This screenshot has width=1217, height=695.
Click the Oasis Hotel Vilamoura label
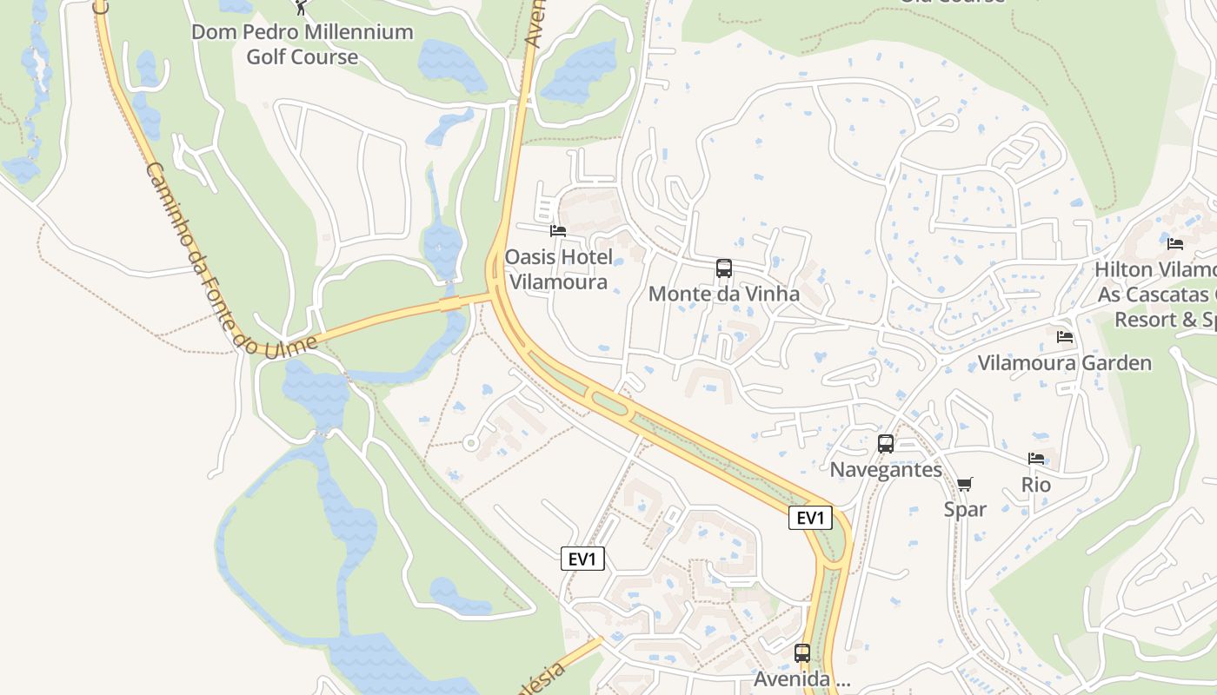pos(558,269)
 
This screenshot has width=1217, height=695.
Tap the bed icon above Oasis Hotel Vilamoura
pos(558,231)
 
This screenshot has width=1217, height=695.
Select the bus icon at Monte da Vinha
pos(724,268)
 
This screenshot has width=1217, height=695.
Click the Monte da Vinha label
pos(724,294)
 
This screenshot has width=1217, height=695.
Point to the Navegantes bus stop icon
pos(886,444)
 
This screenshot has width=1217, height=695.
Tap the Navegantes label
pos(886,470)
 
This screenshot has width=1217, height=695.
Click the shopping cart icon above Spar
pos(965,484)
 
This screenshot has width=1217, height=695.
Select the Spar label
pos(965,509)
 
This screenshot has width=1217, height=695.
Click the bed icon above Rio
pos(1036,459)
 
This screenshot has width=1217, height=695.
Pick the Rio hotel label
pos(1036,485)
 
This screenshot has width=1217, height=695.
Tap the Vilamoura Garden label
pos(1065,363)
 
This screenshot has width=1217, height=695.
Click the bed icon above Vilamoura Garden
pos(1065,337)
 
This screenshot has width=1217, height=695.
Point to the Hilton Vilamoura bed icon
pos(1175,244)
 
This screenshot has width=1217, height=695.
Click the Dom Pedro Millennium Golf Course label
pos(302,44)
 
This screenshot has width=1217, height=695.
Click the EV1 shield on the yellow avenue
pos(810,518)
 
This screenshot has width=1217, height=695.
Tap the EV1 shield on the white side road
pos(582,559)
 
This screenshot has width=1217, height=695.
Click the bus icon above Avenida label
pos(802,653)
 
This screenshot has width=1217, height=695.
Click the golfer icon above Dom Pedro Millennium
pos(301,7)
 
